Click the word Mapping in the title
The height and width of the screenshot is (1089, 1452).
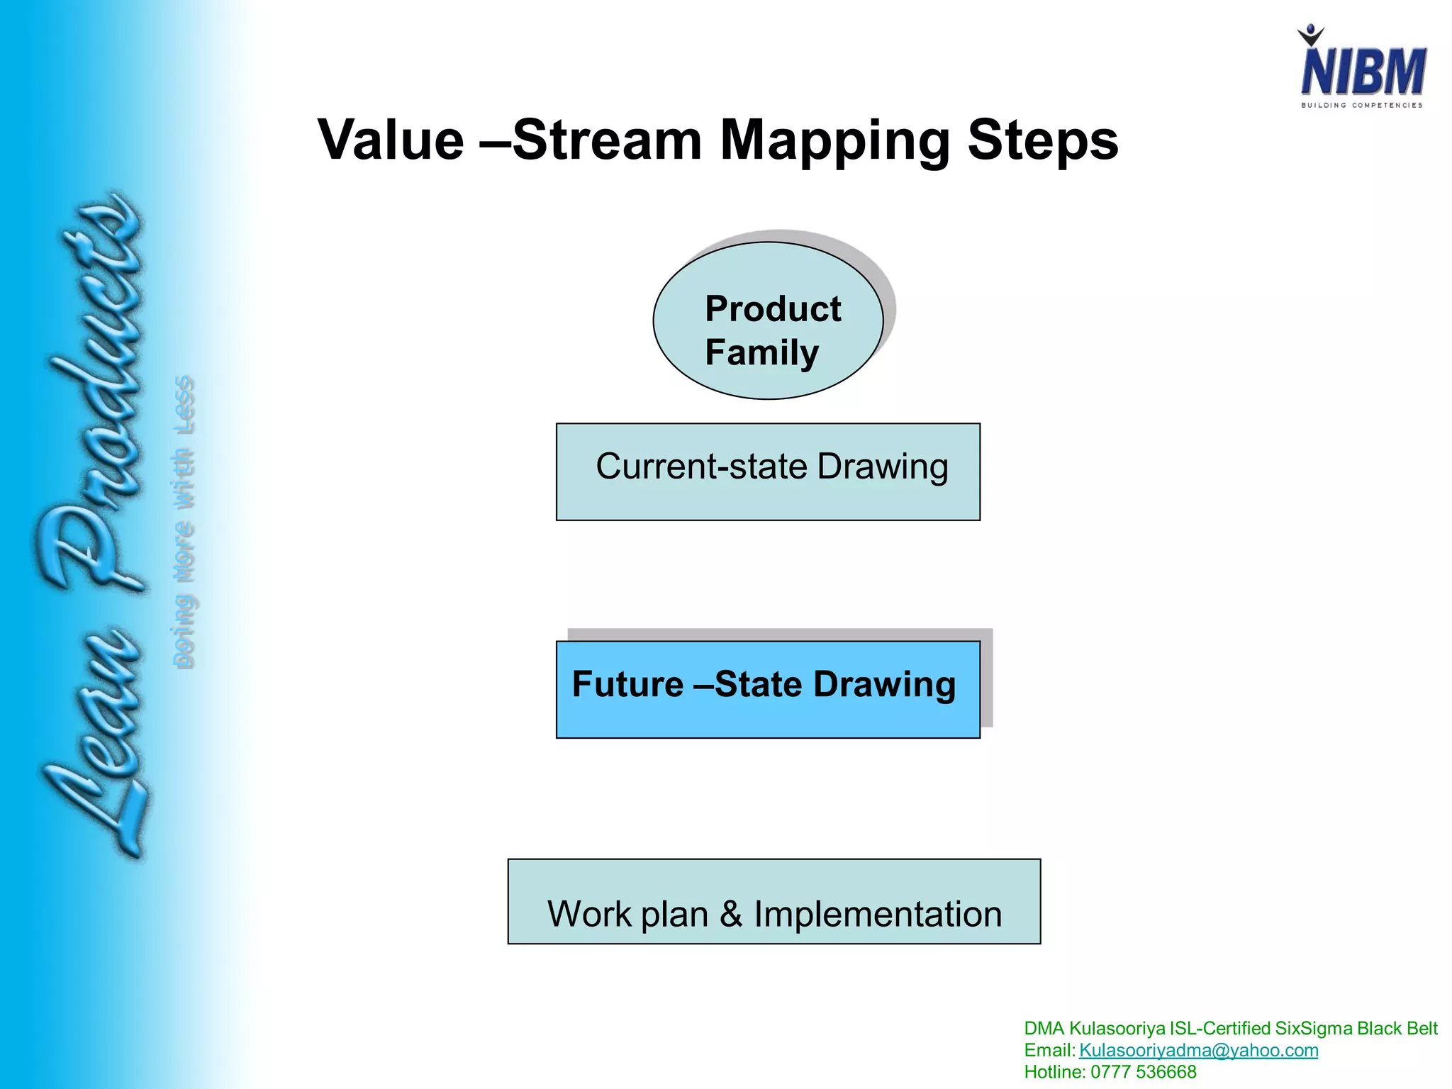click(x=834, y=141)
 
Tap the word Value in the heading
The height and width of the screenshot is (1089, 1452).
click(x=391, y=140)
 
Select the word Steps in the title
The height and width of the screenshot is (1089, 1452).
click(x=1042, y=141)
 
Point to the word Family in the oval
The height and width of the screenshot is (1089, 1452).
click(x=761, y=353)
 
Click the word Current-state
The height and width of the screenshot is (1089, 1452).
click(x=700, y=467)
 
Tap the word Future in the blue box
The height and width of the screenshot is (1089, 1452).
click(x=627, y=684)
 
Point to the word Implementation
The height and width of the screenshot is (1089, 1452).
click(x=877, y=914)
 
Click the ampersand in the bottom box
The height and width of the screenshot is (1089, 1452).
click(x=731, y=914)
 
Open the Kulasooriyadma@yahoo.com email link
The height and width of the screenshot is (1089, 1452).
click(x=1198, y=1050)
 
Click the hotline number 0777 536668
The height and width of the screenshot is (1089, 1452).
click(x=1143, y=1072)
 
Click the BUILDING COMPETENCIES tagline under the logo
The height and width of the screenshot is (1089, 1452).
click(x=1361, y=105)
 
